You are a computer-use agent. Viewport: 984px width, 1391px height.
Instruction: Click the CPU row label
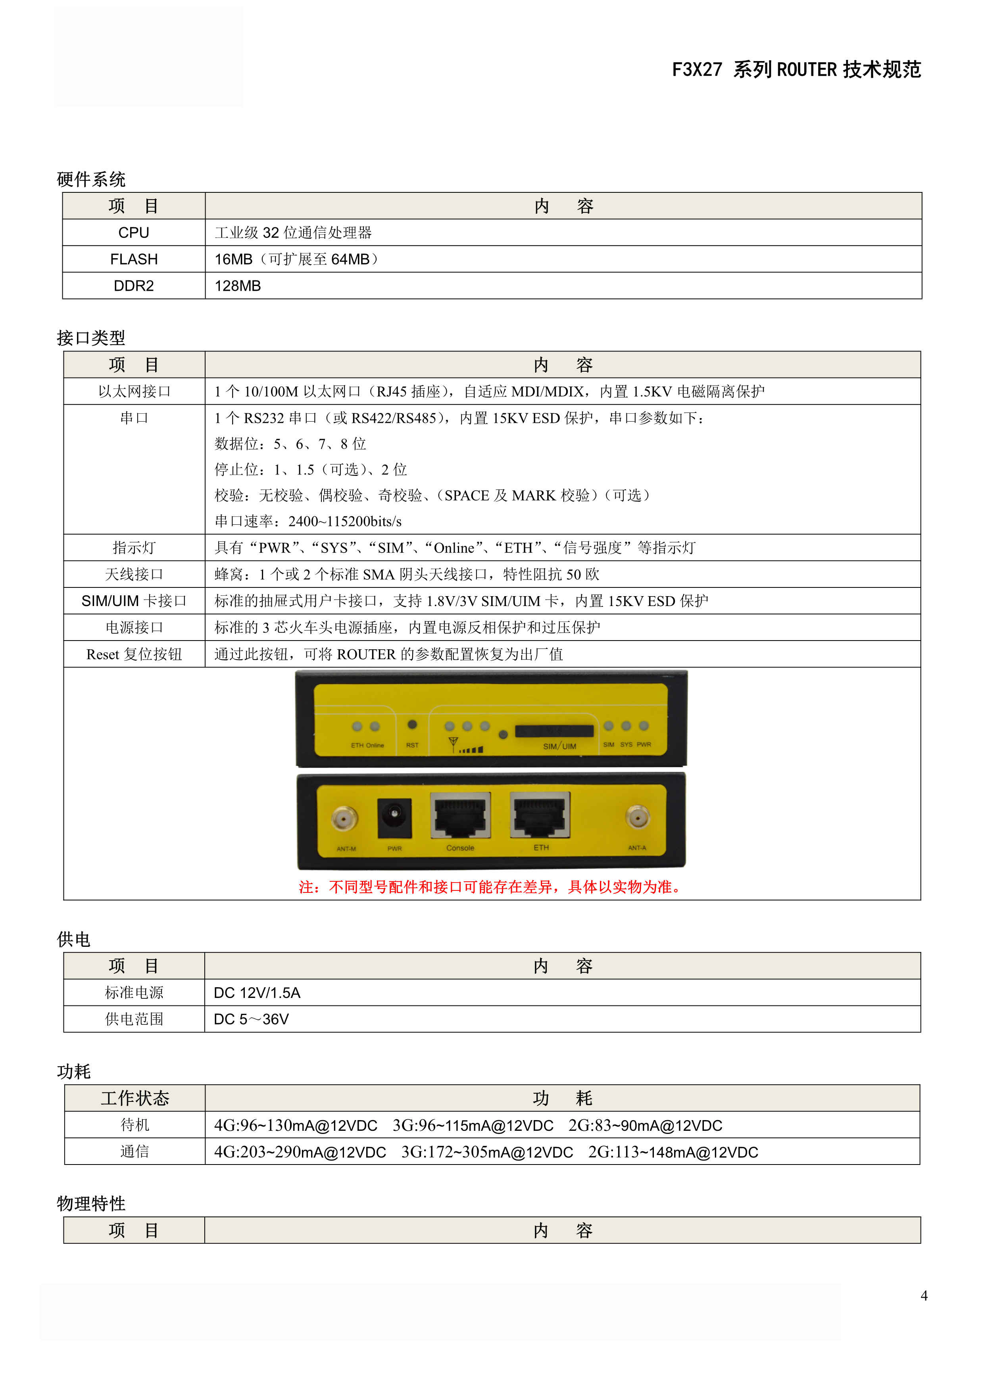click(x=134, y=233)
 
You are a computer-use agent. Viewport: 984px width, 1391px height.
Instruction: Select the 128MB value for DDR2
click(x=238, y=286)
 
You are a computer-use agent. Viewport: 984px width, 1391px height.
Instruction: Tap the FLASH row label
click(x=134, y=259)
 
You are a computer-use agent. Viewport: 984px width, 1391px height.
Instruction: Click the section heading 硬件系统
click(x=91, y=179)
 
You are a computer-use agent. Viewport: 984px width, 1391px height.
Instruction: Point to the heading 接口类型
click(x=91, y=338)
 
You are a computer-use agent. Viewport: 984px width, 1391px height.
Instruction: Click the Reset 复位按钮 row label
click(x=134, y=654)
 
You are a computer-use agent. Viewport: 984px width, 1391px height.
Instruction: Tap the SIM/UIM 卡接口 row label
click(x=134, y=601)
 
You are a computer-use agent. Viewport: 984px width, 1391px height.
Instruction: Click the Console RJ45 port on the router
click(x=460, y=815)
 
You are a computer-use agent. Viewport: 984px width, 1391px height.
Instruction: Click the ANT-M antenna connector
click(x=345, y=819)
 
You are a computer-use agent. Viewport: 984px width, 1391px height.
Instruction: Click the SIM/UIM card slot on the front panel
click(x=554, y=731)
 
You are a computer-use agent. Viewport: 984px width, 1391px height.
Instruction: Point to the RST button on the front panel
click(x=412, y=725)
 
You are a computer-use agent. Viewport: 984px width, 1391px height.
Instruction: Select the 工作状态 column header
click(x=135, y=1098)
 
